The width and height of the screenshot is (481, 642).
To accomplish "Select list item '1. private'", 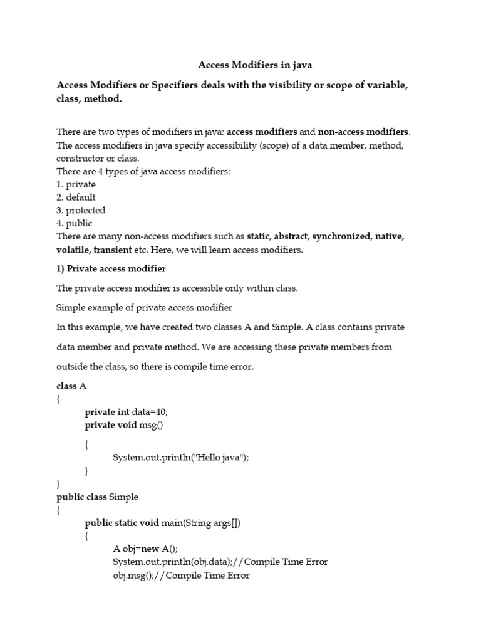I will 76,184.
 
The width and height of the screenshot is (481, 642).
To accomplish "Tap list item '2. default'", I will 76,197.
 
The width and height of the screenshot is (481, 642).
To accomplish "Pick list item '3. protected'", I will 81,210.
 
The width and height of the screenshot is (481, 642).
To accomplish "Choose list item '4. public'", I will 75,223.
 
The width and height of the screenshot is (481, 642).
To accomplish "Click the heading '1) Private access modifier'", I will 111,268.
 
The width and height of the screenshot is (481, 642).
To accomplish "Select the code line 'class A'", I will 71,386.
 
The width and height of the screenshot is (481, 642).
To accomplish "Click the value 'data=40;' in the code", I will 150,411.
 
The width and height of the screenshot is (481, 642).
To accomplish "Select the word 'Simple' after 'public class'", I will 123,497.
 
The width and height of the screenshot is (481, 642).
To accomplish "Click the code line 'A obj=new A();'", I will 145,548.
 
